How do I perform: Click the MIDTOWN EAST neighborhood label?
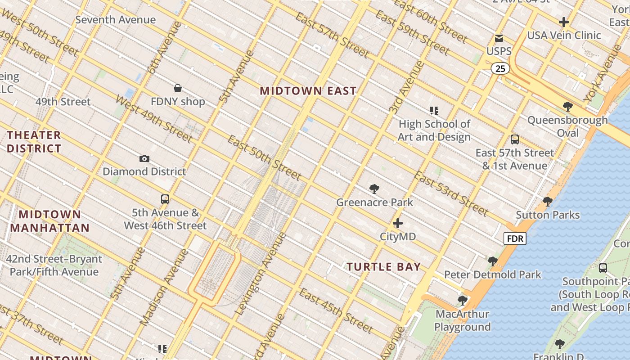point(308,91)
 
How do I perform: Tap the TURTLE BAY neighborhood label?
point(384,267)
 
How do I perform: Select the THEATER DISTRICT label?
point(34,142)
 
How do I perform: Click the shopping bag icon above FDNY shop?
point(178,88)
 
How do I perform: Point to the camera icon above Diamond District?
point(144,158)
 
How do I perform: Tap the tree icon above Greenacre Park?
point(374,189)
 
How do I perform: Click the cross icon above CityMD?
point(398,223)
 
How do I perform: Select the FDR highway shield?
point(514,238)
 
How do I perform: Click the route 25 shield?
point(500,68)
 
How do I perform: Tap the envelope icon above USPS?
point(499,38)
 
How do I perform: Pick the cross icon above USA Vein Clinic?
point(563,22)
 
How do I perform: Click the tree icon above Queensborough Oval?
point(567,107)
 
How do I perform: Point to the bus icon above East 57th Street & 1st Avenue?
point(514,139)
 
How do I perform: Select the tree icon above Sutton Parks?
point(547,202)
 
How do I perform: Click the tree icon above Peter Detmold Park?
point(492,261)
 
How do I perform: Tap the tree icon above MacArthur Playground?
point(462,300)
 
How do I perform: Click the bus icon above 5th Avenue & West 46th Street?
point(165,199)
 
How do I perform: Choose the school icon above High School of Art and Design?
point(434,110)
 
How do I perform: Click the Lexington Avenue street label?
point(261,274)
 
